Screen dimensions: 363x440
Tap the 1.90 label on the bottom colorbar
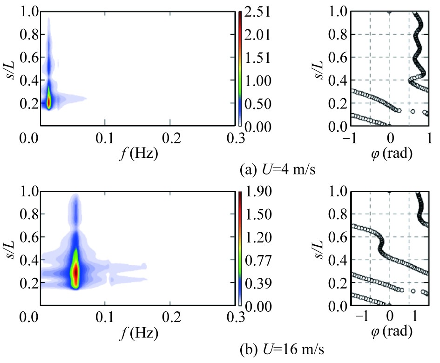click(x=261, y=192)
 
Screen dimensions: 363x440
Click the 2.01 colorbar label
click(x=261, y=35)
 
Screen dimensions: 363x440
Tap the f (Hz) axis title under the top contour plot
click(x=137, y=154)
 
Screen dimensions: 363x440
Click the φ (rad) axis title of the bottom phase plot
click(x=390, y=331)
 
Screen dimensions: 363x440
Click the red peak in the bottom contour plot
click(x=75, y=272)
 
